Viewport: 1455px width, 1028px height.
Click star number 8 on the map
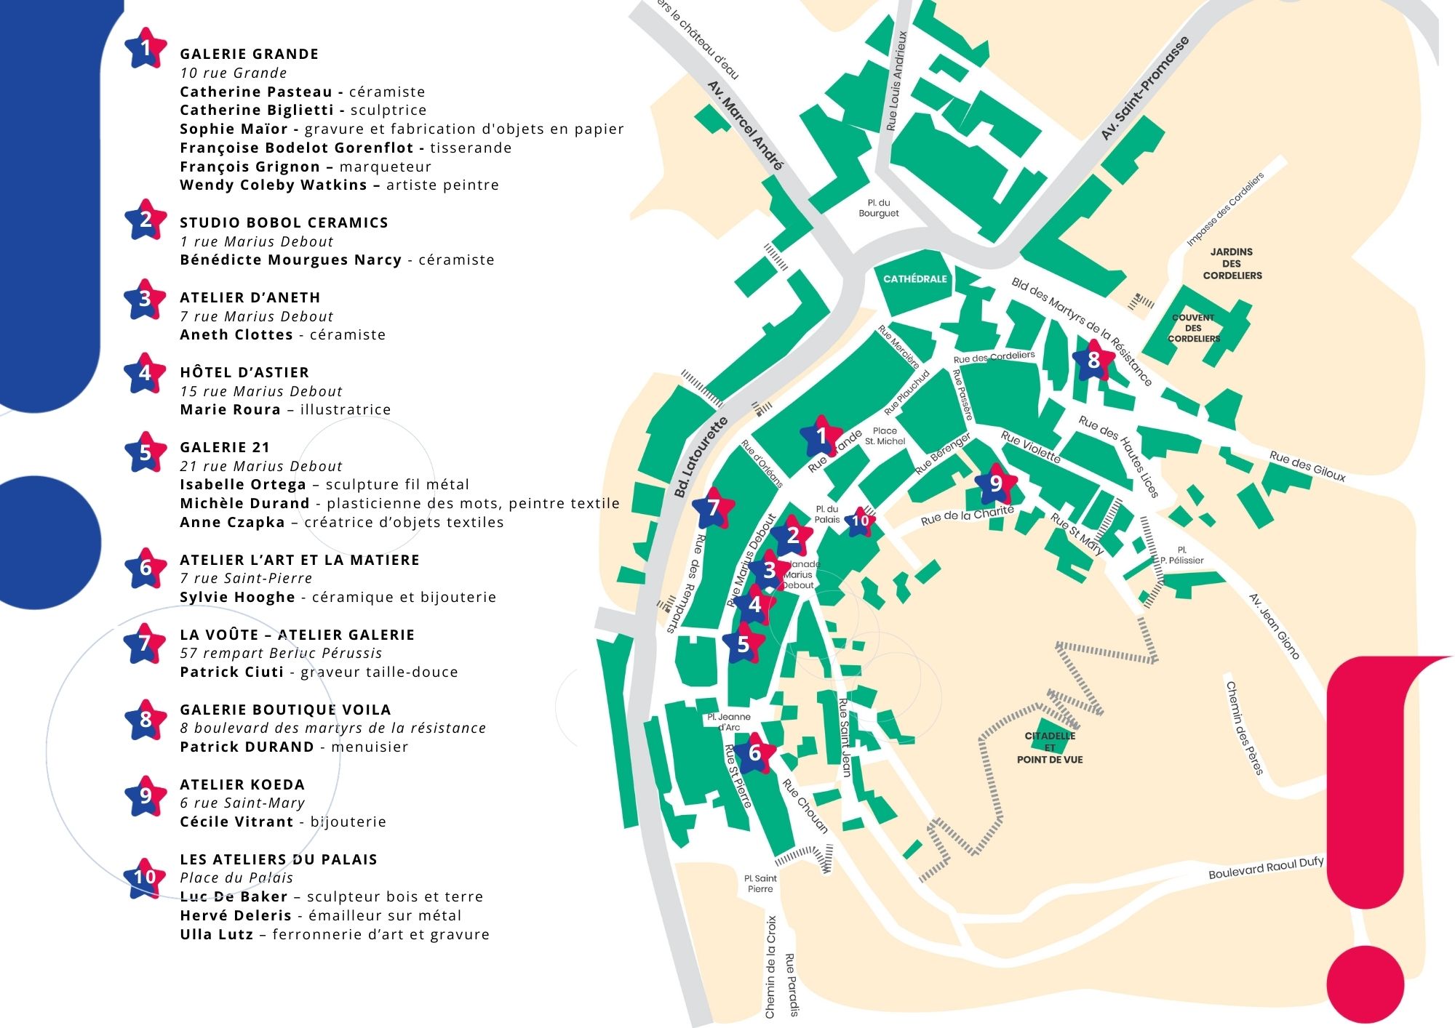click(1093, 360)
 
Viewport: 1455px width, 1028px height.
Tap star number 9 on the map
click(995, 483)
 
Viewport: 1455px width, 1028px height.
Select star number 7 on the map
click(713, 507)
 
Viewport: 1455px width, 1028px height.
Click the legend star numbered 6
click(145, 568)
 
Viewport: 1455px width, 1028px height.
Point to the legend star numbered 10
click(145, 877)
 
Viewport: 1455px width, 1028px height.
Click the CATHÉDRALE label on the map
click(914, 279)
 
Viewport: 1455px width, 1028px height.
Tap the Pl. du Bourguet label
click(878, 208)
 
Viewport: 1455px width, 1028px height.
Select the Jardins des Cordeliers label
click(1232, 263)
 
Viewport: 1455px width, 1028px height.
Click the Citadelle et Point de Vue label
click(1049, 747)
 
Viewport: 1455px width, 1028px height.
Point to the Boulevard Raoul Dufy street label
click(1265, 868)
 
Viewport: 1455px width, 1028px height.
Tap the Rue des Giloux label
click(1307, 466)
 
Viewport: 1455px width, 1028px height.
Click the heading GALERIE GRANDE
click(249, 55)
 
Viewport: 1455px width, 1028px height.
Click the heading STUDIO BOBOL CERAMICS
click(284, 222)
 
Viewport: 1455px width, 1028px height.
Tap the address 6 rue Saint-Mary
click(242, 803)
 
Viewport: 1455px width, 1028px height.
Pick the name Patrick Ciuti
click(232, 672)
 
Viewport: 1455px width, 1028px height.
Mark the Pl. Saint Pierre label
click(760, 883)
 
